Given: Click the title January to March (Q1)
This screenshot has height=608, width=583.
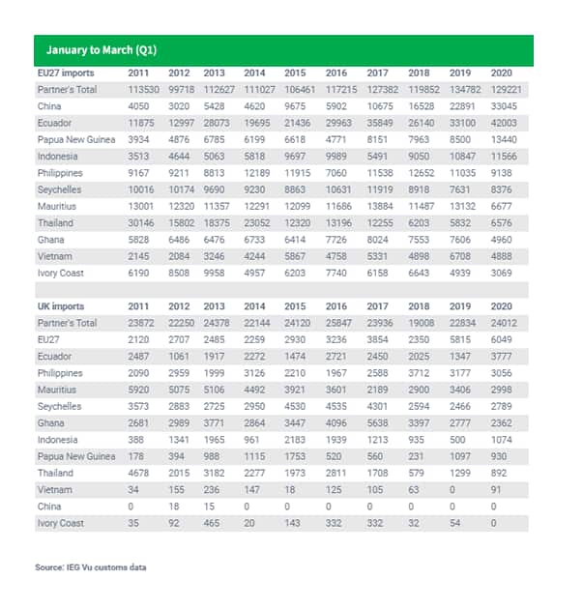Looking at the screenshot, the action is pyautogui.click(x=102, y=50).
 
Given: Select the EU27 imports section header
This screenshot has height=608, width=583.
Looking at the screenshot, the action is pyautogui.click(x=66, y=72).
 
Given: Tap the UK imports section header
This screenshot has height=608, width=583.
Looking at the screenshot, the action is pyautogui.click(x=61, y=306).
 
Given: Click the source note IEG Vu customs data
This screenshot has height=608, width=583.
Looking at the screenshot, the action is pyautogui.click(x=90, y=567).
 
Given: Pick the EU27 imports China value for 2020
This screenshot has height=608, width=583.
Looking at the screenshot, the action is pyautogui.click(x=504, y=106).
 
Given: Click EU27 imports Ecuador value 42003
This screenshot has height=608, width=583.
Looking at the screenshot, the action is pyautogui.click(x=504, y=123).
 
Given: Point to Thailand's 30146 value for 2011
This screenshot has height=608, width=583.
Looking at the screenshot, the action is pyautogui.click(x=141, y=223).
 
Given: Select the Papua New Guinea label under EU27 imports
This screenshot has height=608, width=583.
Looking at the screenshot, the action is pyautogui.click(x=76, y=139).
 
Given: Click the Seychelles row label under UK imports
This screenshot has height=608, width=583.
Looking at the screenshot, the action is pyautogui.click(x=59, y=406).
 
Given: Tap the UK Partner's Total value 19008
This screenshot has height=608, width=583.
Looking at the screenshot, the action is pyautogui.click(x=421, y=323).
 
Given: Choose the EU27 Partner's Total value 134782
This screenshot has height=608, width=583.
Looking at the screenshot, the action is pyautogui.click(x=465, y=90).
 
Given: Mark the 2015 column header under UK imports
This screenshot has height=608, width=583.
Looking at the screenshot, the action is pyautogui.click(x=295, y=306).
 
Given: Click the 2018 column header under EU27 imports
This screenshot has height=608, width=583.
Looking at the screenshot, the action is pyautogui.click(x=419, y=72).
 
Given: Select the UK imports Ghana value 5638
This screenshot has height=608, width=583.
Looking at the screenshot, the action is pyautogui.click(x=377, y=423).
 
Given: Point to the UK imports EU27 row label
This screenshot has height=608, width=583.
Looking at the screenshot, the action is pyautogui.click(x=48, y=339).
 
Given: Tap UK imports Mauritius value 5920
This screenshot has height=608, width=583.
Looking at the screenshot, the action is pyautogui.click(x=138, y=390).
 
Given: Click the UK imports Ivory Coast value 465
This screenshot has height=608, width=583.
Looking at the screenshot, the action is pyautogui.click(x=212, y=523).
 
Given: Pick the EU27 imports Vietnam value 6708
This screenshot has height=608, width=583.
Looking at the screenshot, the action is pyautogui.click(x=459, y=256).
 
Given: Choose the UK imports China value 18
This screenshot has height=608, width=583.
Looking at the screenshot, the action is pyautogui.click(x=174, y=507).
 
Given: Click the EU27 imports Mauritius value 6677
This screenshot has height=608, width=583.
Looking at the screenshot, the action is pyautogui.click(x=501, y=206).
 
